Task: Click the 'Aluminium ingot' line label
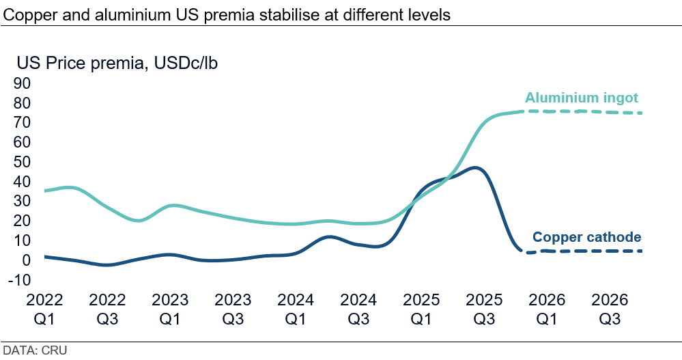(x=582, y=98)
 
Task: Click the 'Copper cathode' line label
(x=586, y=237)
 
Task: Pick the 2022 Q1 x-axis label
(x=44, y=309)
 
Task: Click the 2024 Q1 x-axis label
(x=296, y=309)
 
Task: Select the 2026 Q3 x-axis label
(x=610, y=309)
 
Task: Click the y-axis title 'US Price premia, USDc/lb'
(x=117, y=64)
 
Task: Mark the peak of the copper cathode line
(x=475, y=167)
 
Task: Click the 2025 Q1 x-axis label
(x=421, y=309)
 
